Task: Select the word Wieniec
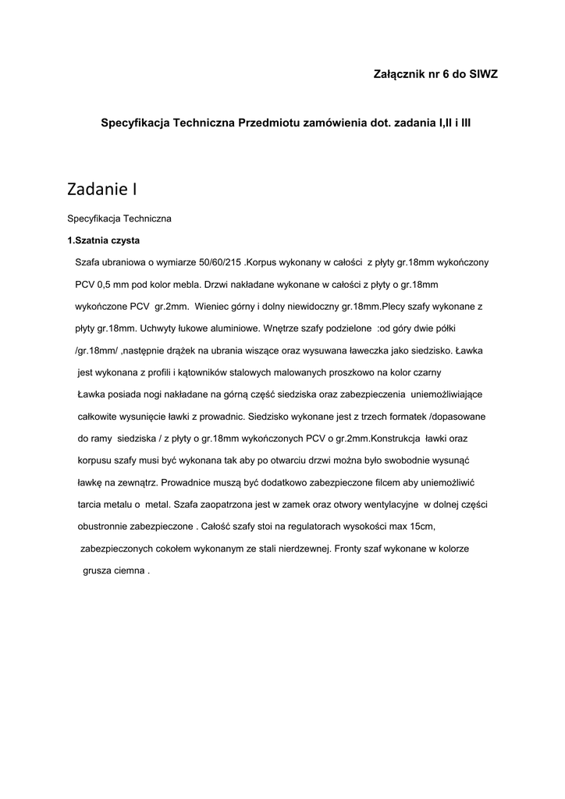coord(217,306)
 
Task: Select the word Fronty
coord(349,549)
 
